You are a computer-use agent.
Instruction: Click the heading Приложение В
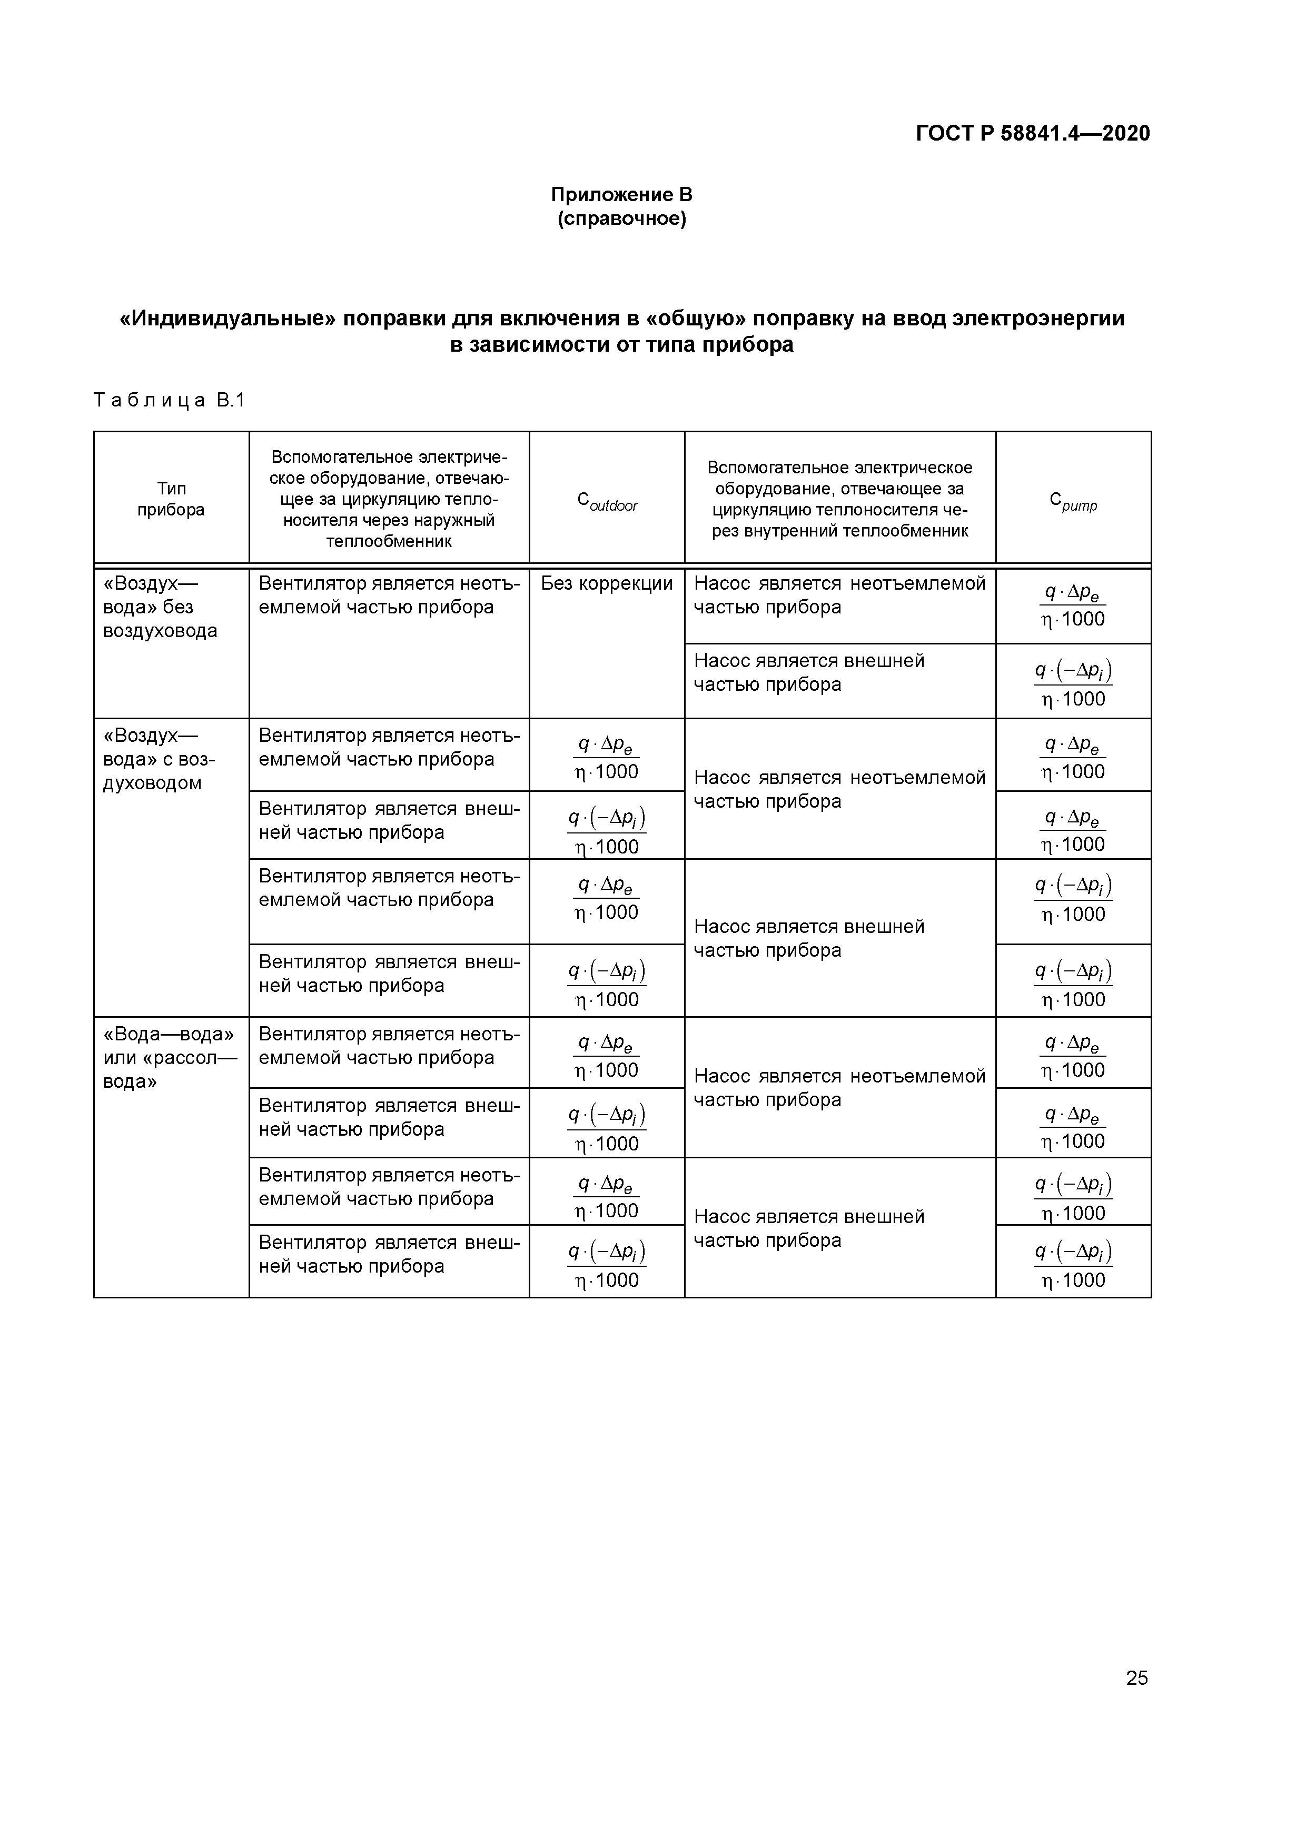(621, 195)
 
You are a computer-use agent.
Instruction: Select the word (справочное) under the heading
(621, 219)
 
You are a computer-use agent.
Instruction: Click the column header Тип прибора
(171, 499)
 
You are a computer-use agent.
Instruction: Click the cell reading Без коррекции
(607, 583)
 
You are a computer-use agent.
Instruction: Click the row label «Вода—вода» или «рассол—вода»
(170, 1057)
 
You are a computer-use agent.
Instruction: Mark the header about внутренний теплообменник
(839, 499)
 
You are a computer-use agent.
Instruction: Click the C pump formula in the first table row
(1073, 605)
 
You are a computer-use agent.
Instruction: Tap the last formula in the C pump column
(1073, 1265)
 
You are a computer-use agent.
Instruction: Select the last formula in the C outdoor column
(607, 1265)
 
